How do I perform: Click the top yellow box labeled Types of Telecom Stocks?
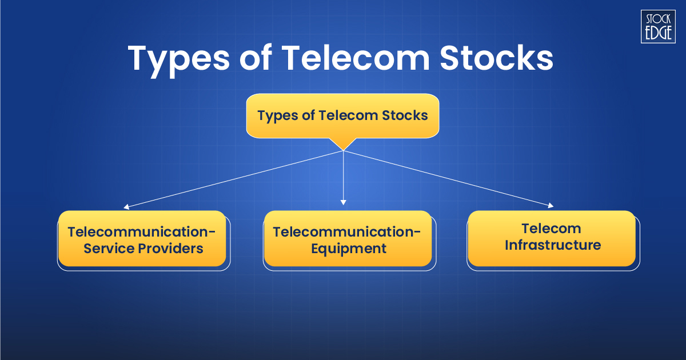pyautogui.click(x=342, y=115)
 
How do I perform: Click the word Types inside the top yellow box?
pyautogui.click(x=277, y=115)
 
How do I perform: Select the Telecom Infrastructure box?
pyautogui.click(x=552, y=238)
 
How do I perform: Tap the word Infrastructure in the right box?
pyautogui.click(x=552, y=246)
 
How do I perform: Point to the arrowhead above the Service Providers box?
pyautogui.click(x=126, y=207)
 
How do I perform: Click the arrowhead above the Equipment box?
pyautogui.click(x=343, y=202)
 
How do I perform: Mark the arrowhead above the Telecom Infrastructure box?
pyautogui.click(x=551, y=205)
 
